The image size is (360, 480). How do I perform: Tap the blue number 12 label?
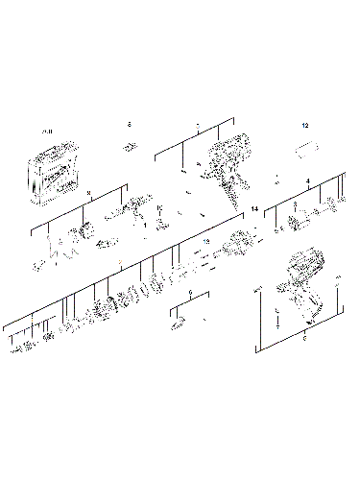pos(305,126)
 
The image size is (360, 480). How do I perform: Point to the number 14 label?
pos(254,208)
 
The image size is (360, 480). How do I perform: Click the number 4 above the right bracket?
pos(307,180)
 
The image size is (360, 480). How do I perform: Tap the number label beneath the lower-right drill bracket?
pos(304,339)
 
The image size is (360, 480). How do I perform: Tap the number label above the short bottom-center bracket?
pos(191,291)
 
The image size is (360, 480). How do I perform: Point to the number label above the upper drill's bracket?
pos(197,126)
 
